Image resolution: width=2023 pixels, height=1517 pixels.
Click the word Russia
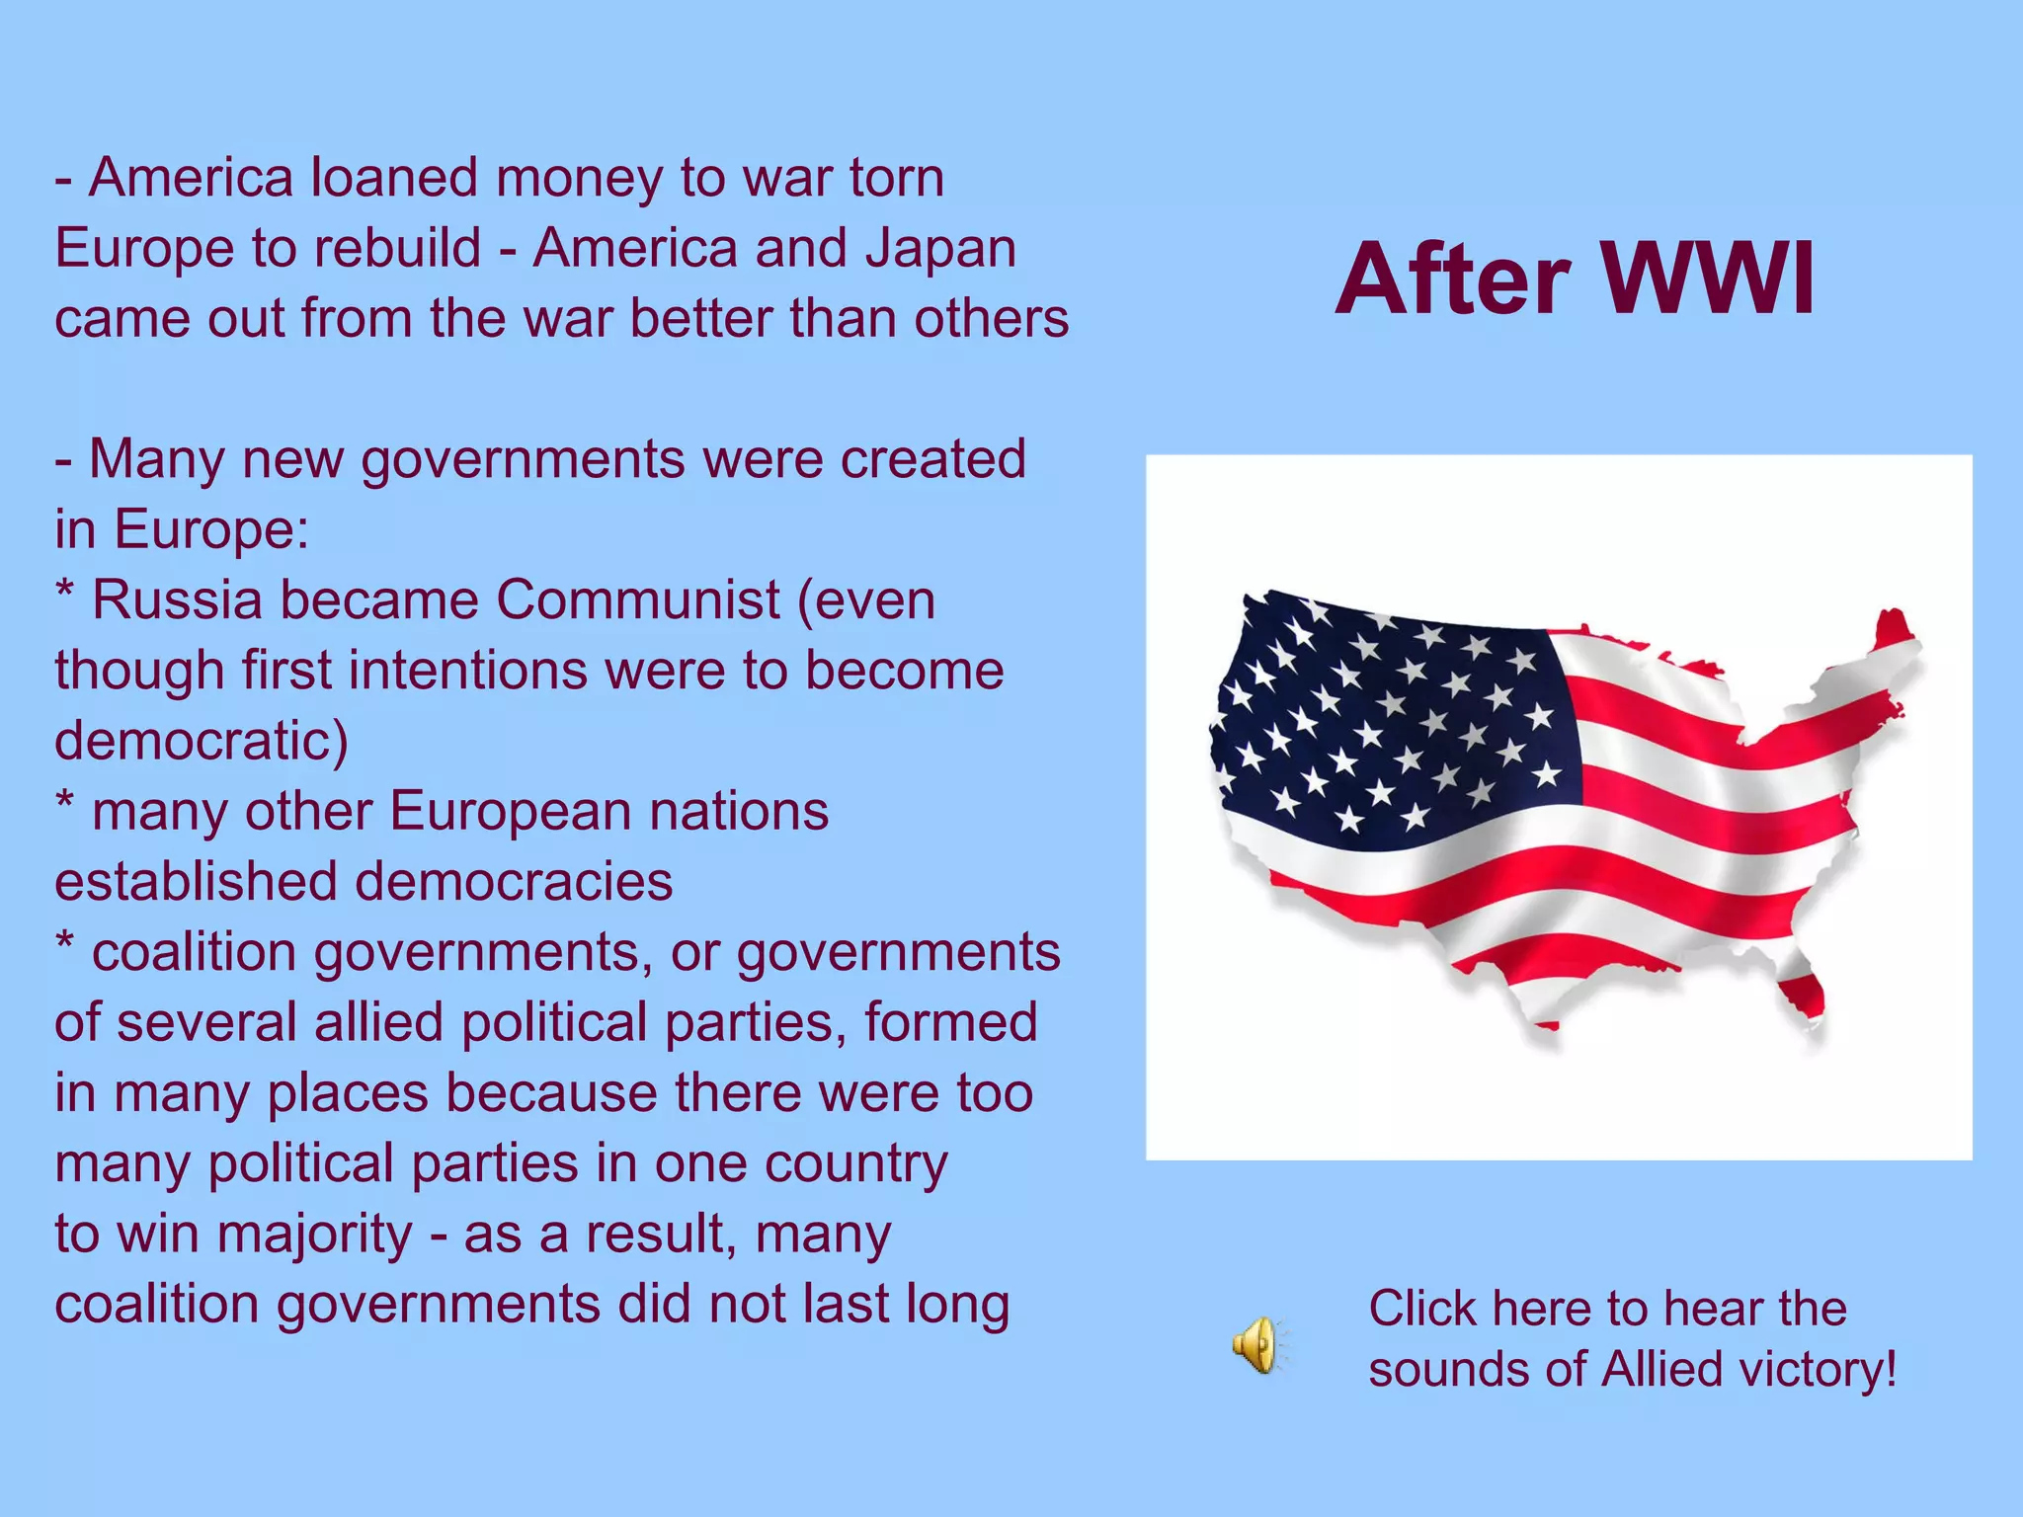(x=177, y=600)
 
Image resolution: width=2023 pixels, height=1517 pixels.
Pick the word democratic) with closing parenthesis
(x=202, y=741)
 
